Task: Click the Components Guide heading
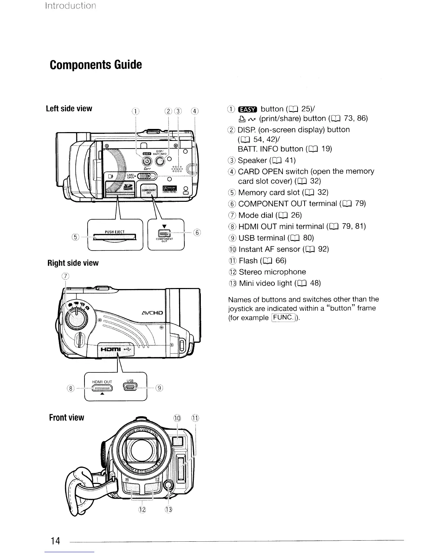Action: [96, 65]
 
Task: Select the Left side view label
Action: [69, 109]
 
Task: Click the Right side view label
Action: [73, 263]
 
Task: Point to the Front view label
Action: [67, 418]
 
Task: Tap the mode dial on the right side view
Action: [75, 319]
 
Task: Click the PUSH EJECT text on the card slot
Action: [115, 232]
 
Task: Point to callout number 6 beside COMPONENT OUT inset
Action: [197, 232]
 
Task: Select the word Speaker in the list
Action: [252, 160]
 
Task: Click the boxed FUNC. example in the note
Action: [284, 318]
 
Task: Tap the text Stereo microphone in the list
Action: [272, 272]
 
